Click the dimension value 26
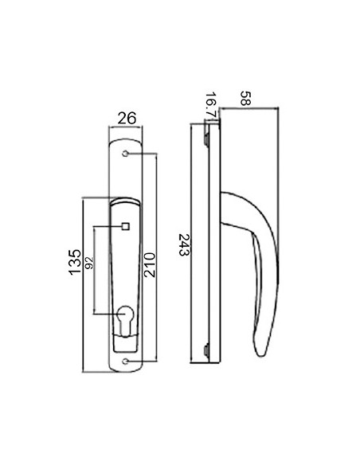pyautogui.click(x=127, y=118)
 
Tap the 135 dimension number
pyautogui.click(x=75, y=262)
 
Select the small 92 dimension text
pyautogui.click(x=89, y=263)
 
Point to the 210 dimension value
pyautogui.click(x=150, y=264)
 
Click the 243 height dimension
pyautogui.click(x=184, y=244)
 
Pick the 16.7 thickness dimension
pyautogui.click(x=211, y=104)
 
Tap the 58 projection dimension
pyautogui.click(x=245, y=98)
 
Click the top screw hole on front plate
pyautogui.click(x=125, y=154)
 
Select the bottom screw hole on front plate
pyautogui.click(x=125, y=361)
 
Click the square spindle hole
pyautogui.click(x=126, y=227)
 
